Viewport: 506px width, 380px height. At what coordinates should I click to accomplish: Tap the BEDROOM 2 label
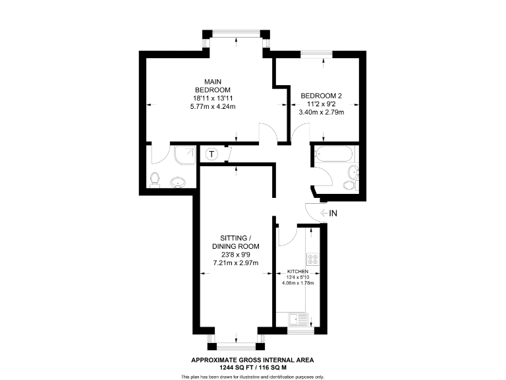(x=322, y=96)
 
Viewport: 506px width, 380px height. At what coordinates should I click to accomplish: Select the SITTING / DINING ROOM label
(x=234, y=241)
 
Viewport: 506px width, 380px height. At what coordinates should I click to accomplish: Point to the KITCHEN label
(x=297, y=272)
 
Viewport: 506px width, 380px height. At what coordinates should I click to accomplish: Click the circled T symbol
(x=211, y=155)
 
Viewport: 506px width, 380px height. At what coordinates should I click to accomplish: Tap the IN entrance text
(x=333, y=213)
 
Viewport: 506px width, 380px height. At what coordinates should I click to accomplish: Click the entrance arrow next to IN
(x=323, y=213)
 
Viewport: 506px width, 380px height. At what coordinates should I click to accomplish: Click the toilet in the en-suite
(x=155, y=179)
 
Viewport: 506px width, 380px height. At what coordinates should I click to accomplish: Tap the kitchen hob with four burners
(x=313, y=259)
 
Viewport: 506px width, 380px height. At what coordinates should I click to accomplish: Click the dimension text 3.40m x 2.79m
(x=322, y=112)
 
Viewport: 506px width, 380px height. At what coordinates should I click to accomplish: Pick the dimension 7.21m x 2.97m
(x=234, y=263)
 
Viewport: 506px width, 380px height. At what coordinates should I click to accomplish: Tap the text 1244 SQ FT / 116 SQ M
(x=252, y=367)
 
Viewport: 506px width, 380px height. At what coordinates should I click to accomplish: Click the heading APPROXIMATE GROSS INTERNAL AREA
(x=252, y=360)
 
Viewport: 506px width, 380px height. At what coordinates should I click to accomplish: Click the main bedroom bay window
(x=236, y=33)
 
